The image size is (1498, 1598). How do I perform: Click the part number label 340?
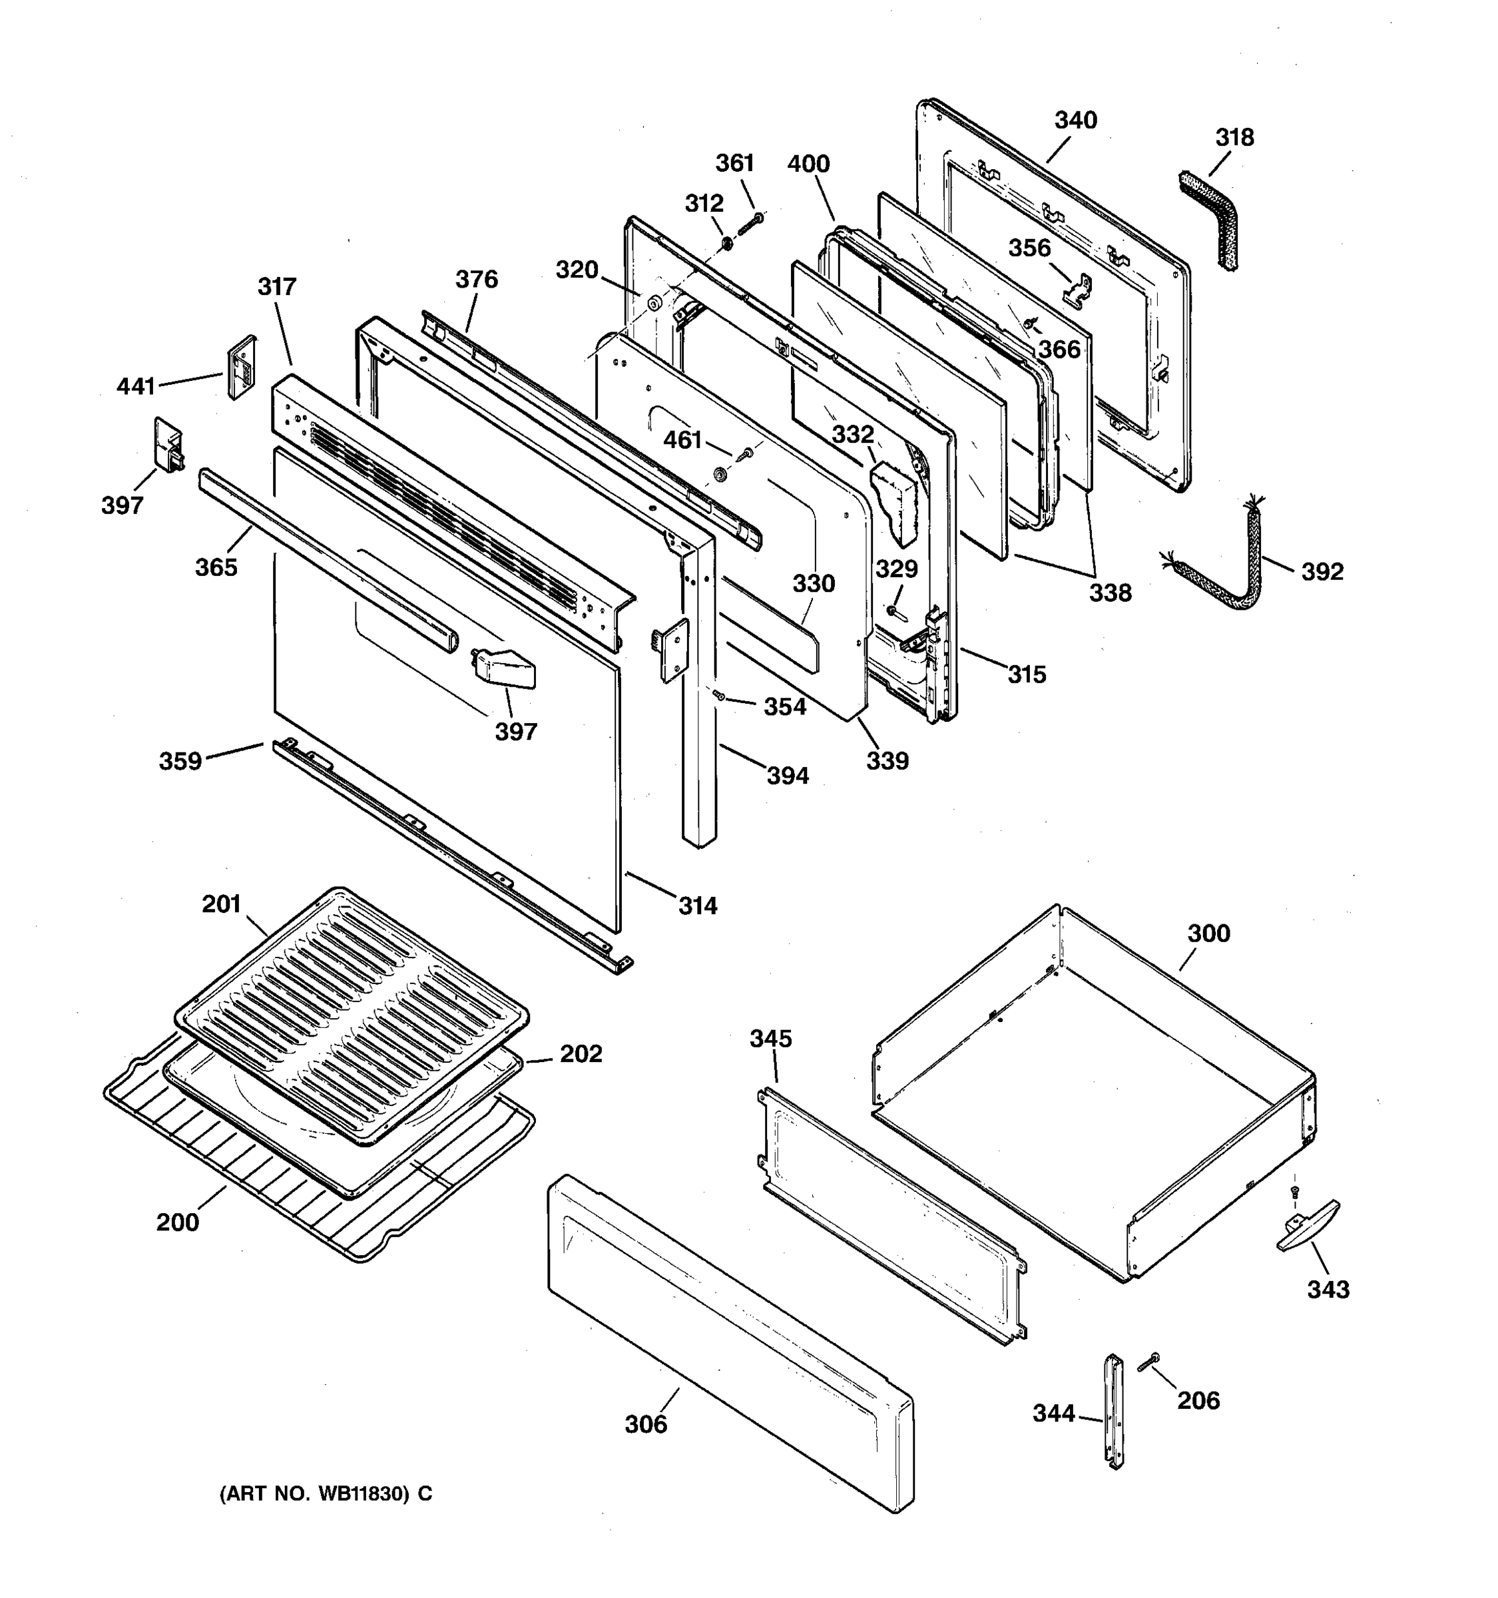1075,121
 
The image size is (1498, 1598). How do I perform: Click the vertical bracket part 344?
1114,1412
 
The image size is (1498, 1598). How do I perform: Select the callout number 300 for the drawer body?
1208,933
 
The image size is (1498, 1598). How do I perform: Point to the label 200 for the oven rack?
178,1222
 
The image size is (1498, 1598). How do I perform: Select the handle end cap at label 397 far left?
168,445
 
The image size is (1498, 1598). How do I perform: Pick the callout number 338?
1110,593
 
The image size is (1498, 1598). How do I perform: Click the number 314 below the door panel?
698,906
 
